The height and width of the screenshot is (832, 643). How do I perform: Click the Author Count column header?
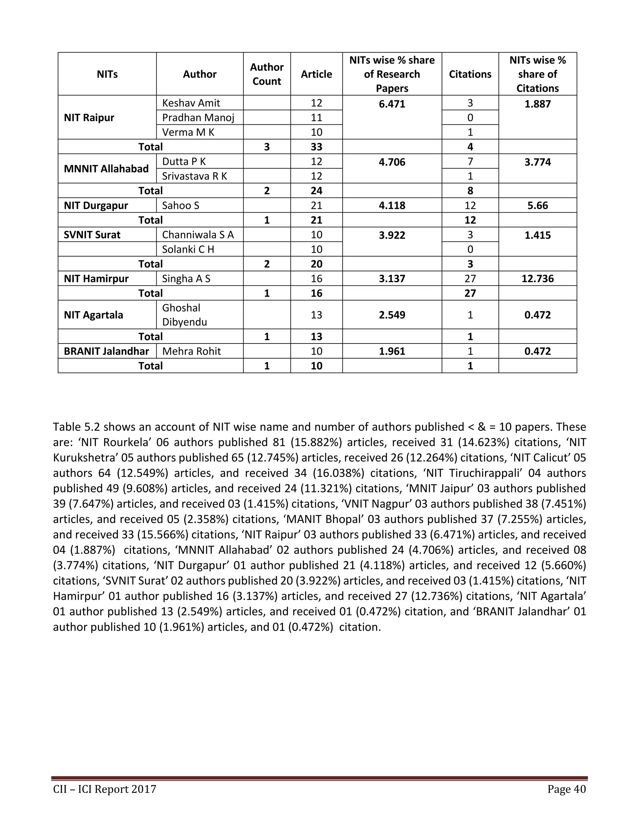267,74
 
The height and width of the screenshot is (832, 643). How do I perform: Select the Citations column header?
470,74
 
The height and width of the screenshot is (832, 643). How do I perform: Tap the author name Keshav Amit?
191,103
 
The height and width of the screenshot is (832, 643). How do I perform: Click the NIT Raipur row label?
89,117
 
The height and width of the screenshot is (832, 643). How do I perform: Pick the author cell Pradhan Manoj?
198,117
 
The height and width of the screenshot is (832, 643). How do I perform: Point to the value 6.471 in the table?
392,104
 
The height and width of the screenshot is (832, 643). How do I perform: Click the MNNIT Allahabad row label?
106,169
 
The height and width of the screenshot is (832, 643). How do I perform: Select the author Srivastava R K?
194,176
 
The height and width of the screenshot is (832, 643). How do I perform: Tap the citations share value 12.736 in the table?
537,278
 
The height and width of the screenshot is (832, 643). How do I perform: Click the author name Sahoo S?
181,205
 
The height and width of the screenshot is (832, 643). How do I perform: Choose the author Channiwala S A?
198,235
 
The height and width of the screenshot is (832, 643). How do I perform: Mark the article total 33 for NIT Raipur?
316,147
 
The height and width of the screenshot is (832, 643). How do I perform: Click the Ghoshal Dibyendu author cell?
184,315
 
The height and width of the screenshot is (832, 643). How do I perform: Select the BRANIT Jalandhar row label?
106,351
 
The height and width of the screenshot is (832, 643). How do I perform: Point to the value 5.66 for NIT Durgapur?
537,205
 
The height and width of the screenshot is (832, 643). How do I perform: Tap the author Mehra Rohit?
191,351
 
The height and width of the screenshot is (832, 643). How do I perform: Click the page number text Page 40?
566,789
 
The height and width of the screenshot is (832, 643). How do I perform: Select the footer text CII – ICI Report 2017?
105,789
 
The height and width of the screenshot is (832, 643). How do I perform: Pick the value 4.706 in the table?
392,162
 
